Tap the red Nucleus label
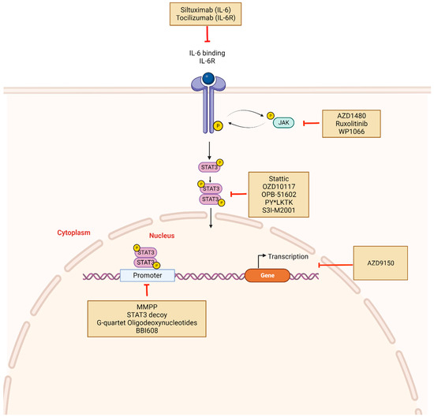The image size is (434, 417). tap(163, 235)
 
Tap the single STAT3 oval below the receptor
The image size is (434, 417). tap(208, 166)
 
